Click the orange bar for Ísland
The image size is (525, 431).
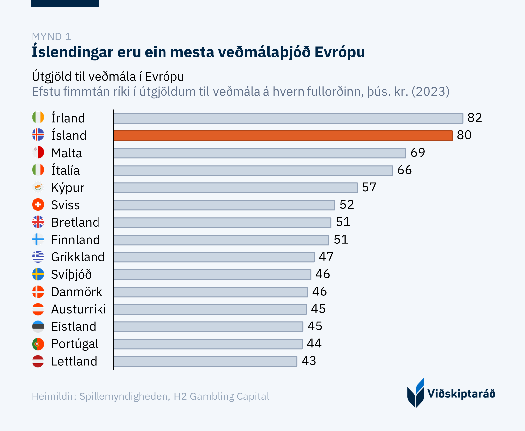(283, 136)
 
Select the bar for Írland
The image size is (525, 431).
(288, 118)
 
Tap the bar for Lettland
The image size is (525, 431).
(205, 361)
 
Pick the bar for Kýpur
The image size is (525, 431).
(235, 188)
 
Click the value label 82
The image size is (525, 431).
(475, 118)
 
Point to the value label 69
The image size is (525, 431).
(418, 153)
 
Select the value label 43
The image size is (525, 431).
(309, 361)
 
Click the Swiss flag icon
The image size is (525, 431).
(38, 205)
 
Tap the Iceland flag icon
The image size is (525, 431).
(38, 135)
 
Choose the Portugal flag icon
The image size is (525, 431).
(38, 344)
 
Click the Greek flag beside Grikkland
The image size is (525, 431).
(38, 257)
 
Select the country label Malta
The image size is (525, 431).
(67, 153)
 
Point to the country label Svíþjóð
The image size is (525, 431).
(71, 275)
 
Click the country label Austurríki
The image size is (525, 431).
(79, 309)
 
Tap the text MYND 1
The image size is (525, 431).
(51, 36)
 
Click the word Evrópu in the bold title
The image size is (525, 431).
(340, 52)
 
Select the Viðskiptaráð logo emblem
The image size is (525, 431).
(416, 393)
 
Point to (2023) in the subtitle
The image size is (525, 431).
(430, 91)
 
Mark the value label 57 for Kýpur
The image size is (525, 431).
(369, 187)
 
